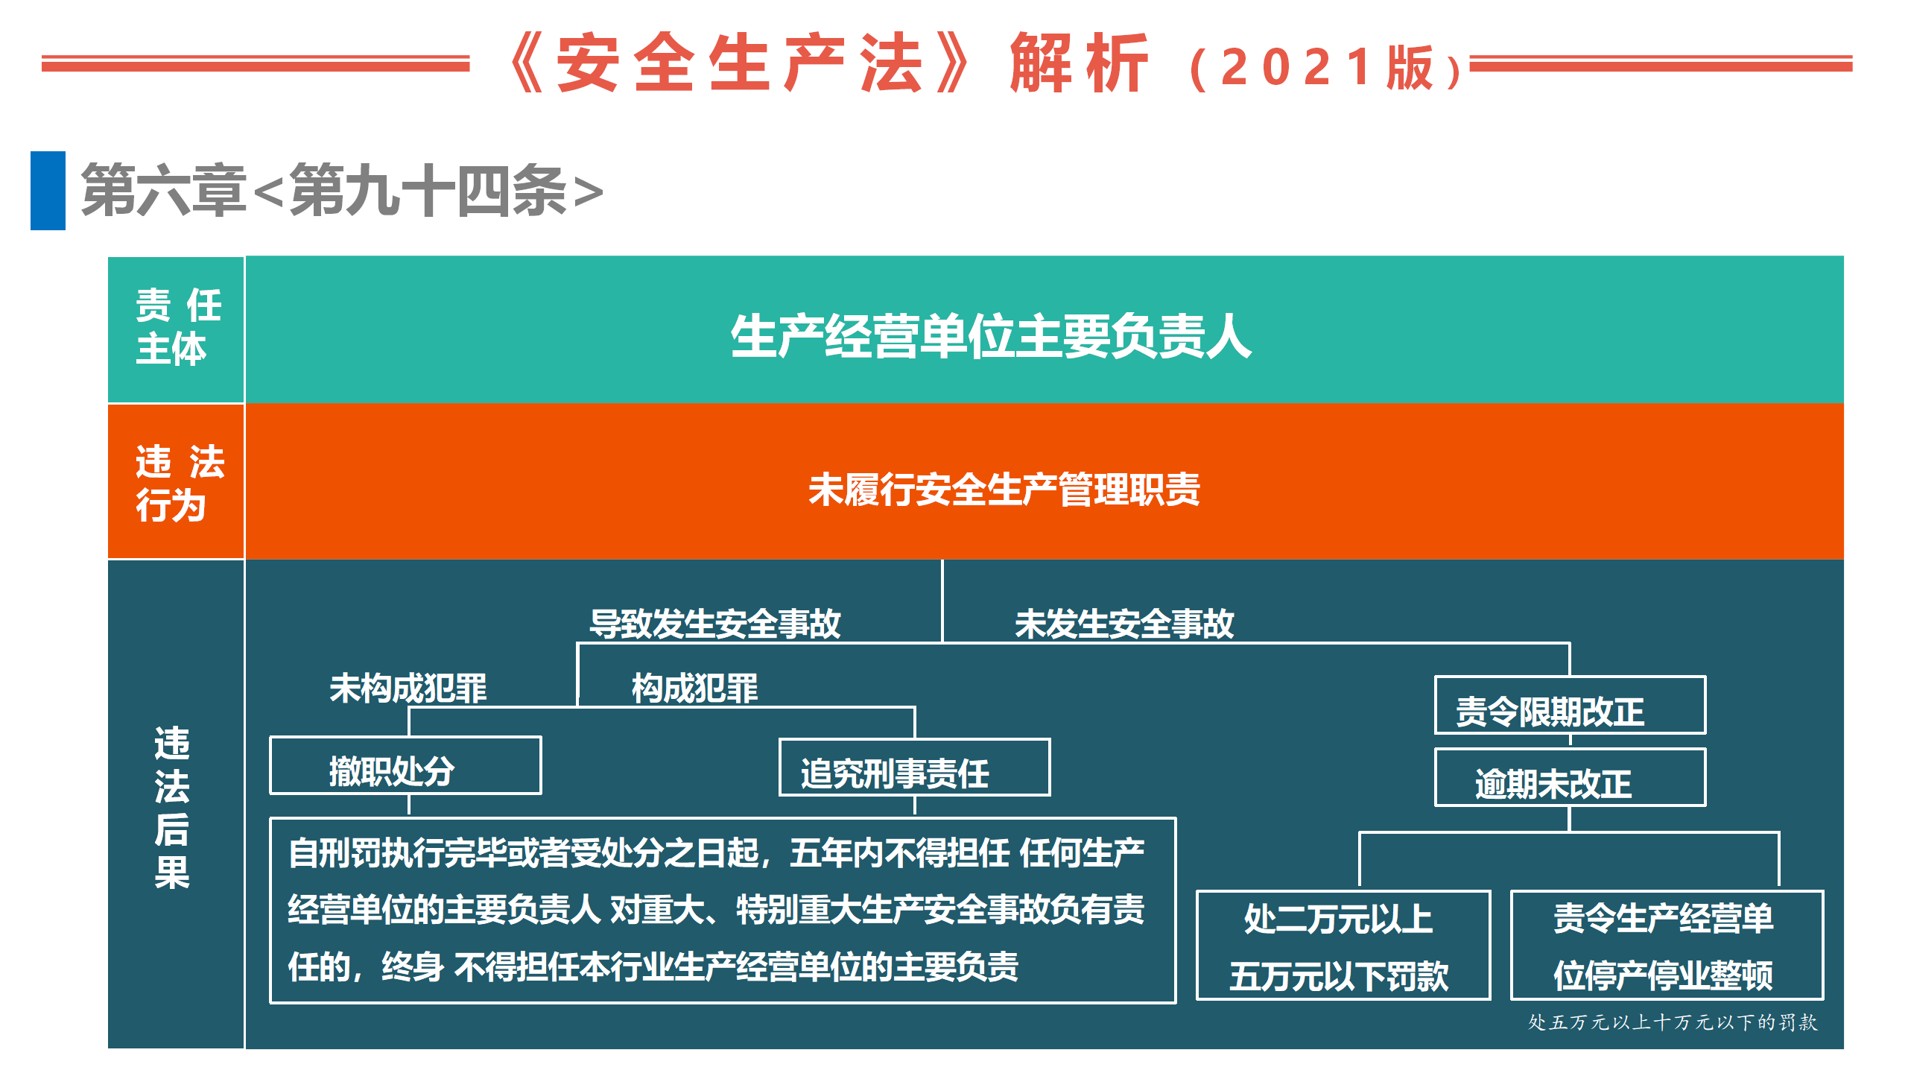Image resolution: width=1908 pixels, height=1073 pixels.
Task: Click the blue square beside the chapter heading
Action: (x=48, y=191)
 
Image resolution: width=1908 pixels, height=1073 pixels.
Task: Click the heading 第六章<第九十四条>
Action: (x=342, y=192)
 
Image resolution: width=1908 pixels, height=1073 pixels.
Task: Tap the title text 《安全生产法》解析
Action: (x=828, y=63)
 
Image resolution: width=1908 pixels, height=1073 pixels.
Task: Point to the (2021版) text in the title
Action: (x=1326, y=68)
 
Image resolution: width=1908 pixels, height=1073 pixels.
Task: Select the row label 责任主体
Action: (x=177, y=327)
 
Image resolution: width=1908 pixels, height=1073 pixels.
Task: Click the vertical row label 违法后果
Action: (x=172, y=808)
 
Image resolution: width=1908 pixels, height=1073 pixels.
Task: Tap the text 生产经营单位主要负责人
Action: (x=991, y=336)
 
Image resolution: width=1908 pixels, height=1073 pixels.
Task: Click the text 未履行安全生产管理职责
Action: (x=1004, y=490)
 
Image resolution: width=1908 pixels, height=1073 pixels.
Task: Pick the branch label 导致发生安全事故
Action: (x=715, y=623)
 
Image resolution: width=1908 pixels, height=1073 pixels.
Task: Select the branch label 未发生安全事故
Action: (x=1124, y=623)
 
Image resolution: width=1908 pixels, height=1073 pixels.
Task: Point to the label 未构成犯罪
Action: (x=408, y=688)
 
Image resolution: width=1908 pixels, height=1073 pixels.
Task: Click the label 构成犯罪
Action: (x=695, y=688)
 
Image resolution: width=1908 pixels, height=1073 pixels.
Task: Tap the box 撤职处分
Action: (x=405, y=766)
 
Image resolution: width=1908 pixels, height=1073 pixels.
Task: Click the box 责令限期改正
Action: (x=1570, y=705)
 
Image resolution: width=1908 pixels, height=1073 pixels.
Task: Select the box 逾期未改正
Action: (x=1570, y=777)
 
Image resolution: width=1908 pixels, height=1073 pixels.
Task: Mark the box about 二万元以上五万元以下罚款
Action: (x=1343, y=945)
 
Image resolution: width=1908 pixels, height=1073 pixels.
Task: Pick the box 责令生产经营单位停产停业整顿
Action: (x=1667, y=945)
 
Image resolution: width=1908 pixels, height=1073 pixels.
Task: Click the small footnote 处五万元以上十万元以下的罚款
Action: (x=1673, y=1022)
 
